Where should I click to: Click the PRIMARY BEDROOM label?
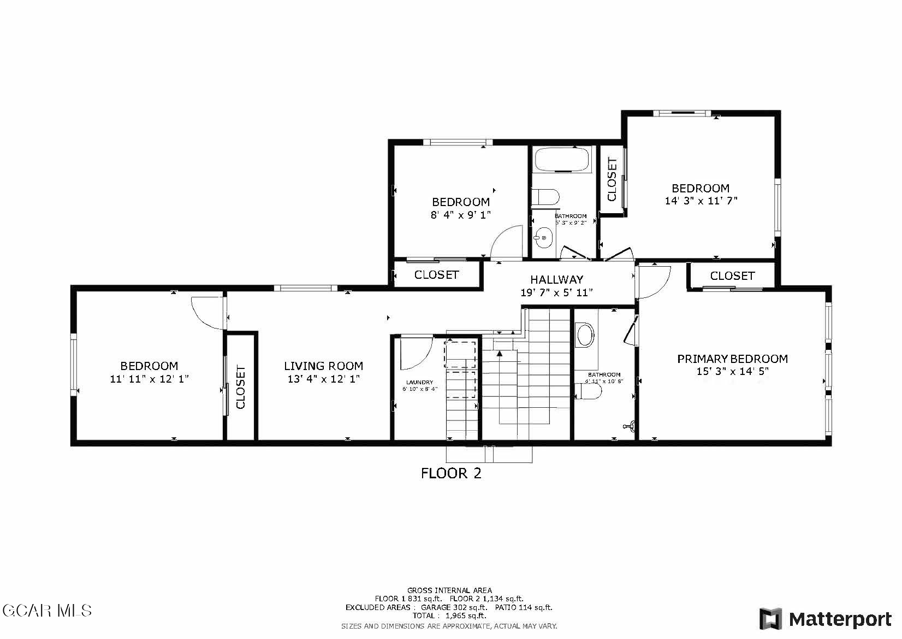(x=732, y=359)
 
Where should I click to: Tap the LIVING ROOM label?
(x=323, y=366)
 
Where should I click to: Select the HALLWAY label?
(x=556, y=280)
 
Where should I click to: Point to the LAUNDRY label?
(x=419, y=382)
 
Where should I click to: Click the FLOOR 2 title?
(x=451, y=473)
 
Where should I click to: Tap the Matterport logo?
(x=826, y=619)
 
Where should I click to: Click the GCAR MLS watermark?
(x=47, y=611)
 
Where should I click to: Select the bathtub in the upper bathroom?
(x=562, y=160)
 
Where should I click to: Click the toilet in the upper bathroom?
(x=545, y=197)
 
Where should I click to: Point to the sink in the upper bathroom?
(x=543, y=238)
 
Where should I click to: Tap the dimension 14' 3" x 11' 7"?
(x=701, y=201)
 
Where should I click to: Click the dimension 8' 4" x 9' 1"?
(x=461, y=214)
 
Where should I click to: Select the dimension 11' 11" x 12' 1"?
(x=150, y=379)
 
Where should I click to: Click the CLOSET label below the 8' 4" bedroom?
(x=436, y=275)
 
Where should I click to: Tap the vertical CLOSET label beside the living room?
(x=240, y=387)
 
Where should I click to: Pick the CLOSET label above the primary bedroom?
(x=732, y=275)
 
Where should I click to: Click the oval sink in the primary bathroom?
(x=585, y=335)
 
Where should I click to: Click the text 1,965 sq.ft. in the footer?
(x=466, y=615)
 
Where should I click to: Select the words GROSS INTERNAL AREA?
(x=449, y=590)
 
